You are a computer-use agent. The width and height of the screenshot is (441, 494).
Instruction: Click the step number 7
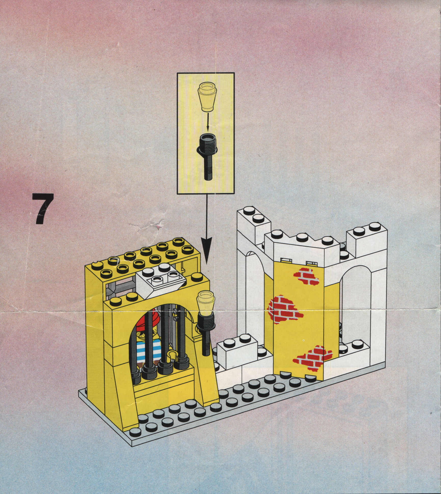(43, 208)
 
